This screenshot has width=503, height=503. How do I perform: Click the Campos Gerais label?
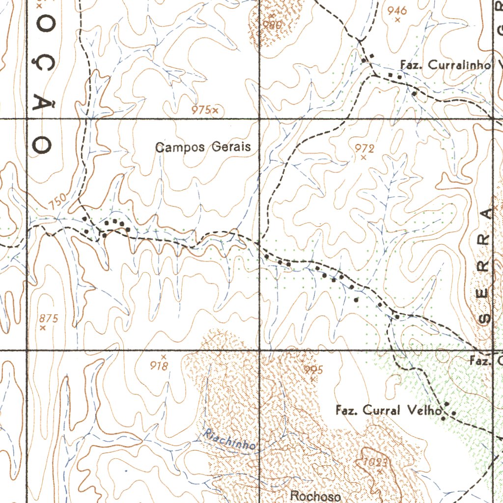pyautogui.click(x=203, y=147)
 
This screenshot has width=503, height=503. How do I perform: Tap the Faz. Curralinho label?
pyautogui.click(x=446, y=65)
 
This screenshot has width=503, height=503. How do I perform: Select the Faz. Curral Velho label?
pyautogui.click(x=389, y=410)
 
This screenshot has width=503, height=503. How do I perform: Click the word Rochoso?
pyautogui.click(x=316, y=496)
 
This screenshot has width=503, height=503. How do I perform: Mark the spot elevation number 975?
pyautogui.click(x=201, y=110)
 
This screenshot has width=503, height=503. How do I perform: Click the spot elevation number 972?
pyautogui.click(x=364, y=148)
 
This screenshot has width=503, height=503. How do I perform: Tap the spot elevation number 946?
pyautogui.click(x=397, y=10)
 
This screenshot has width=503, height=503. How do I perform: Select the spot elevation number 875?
pyautogui.click(x=49, y=318)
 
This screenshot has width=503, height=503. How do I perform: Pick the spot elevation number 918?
pyautogui.click(x=159, y=365)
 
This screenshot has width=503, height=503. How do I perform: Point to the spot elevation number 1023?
pyautogui.click(x=377, y=462)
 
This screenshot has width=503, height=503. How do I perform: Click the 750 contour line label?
pyautogui.click(x=57, y=201)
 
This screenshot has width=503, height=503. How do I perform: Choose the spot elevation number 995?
pyautogui.click(x=313, y=369)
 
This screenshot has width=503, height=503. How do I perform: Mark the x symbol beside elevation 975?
pyautogui.click(x=215, y=110)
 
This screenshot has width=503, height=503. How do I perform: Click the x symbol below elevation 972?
pyautogui.click(x=363, y=158)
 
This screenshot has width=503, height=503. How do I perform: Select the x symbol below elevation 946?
pyautogui.click(x=397, y=20)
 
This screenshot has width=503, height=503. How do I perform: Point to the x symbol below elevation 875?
pyautogui.click(x=43, y=328)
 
